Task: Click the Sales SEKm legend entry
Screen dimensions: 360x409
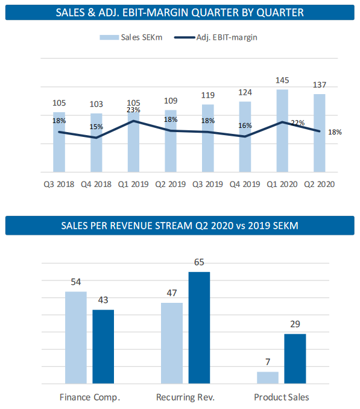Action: tap(131, 37)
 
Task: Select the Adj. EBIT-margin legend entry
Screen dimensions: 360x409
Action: tap(216, 37)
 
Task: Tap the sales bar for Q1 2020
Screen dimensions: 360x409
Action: tap(282, 131)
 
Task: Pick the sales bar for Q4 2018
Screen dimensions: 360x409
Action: tap(96, 143)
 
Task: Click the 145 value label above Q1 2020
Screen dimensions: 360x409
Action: tap(282, 80)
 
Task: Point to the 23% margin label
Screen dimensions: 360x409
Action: tap(133, 110)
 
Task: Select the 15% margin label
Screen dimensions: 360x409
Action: tap(96, 127)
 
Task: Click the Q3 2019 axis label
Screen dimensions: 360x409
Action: tap(208, 184)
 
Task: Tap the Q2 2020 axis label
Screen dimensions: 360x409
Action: tap(320, 184)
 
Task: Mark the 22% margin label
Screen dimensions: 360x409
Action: tap(298, 123)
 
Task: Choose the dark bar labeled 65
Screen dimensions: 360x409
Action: tap(199, 328)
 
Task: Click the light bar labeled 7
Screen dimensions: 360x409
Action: tap(268, 378)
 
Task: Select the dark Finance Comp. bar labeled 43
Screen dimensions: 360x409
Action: tap(103, 347)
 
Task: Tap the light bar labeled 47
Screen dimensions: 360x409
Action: tap(172, 343)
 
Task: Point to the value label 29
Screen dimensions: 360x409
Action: tap(295, 324)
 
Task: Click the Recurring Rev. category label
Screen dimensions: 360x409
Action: tap(185, 398)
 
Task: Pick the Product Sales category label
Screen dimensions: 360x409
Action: tap(282, 398)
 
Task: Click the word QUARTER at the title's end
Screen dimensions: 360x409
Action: tap(280, 13)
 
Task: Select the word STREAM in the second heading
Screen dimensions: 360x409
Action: tap(174, 226)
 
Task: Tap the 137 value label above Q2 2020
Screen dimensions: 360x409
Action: tap(320, 85)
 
